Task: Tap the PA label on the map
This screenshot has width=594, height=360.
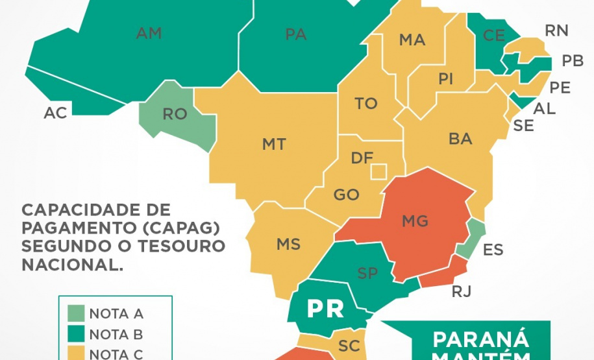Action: tap(295, 35)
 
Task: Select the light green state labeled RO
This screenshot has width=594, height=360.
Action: tap(175, 114)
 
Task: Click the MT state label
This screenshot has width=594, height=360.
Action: tap(274, 144)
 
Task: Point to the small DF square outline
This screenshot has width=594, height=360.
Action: tap(378, 171)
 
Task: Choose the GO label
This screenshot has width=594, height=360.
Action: tap(346, 195)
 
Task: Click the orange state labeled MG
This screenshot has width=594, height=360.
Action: tap(415, 221)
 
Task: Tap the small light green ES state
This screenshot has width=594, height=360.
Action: tap(472, 240)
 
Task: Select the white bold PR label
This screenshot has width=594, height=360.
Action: tap(325, 309)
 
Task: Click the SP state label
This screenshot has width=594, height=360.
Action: tap(367, 273)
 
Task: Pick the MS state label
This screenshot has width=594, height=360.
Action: tap(288, 245)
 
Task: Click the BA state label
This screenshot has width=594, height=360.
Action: tap(460, 138)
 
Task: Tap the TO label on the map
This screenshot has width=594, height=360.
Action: tap(366, 104)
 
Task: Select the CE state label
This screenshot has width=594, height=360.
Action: tap(493, 36)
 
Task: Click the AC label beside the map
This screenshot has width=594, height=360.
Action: tap(55, 113)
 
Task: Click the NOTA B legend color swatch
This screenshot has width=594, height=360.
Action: tap(75, 335)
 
